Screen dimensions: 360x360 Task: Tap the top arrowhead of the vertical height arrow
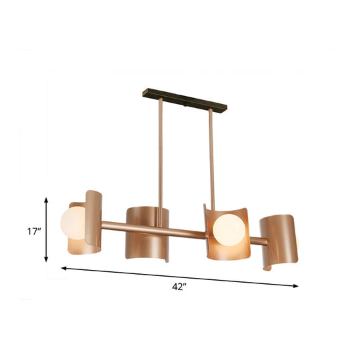[46, 199]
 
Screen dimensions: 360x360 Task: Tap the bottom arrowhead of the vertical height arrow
[46, 260]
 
